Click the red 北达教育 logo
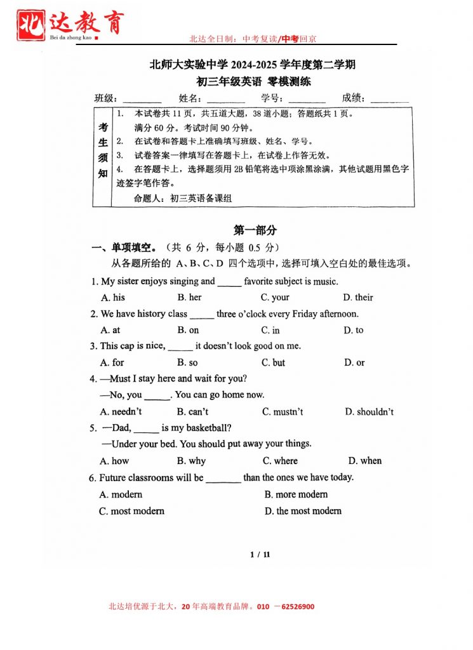70,25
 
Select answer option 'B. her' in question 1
189,297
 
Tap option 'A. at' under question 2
110,330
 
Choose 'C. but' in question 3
273,362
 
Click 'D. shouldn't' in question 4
369,411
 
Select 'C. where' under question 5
280,461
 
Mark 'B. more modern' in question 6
296,494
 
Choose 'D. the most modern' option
303,511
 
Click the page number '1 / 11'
260,554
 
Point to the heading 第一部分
255,230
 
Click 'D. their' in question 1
358,297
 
